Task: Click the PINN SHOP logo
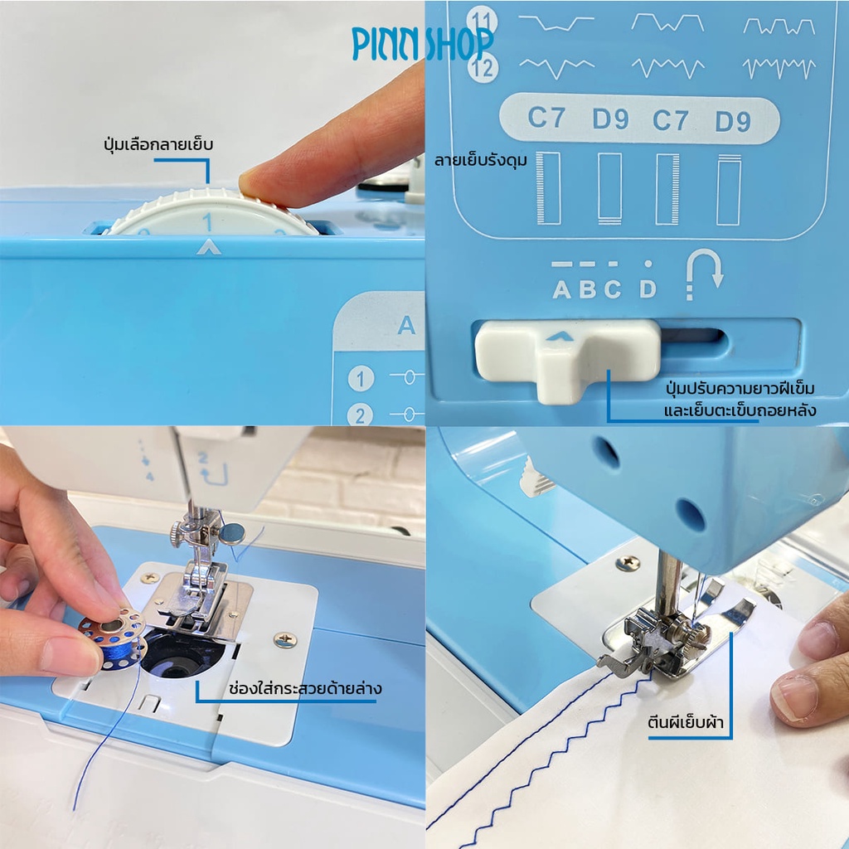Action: [x=422, y=43]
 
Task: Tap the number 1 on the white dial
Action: [x=206, y=222]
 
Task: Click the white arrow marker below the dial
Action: [x=209, y=247]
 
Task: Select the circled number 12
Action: [x=482, y=68]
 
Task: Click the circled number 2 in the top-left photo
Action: [x=360, y=415]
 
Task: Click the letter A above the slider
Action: [x=561, y=289]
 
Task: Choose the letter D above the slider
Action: [x=648, y=289]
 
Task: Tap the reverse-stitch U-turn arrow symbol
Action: [x=704, y=274]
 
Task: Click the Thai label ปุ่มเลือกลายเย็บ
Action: [x=158, y=145]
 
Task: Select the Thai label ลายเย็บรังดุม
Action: [x=480, y=161]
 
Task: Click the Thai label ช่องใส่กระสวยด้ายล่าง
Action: [x=305, y=689]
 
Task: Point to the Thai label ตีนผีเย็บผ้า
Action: [x=686, y=722]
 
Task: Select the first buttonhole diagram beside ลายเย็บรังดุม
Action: [x=549, y=188]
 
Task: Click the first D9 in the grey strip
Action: [x=610, y=119]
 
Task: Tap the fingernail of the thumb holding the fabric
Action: [x=795, y=698]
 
